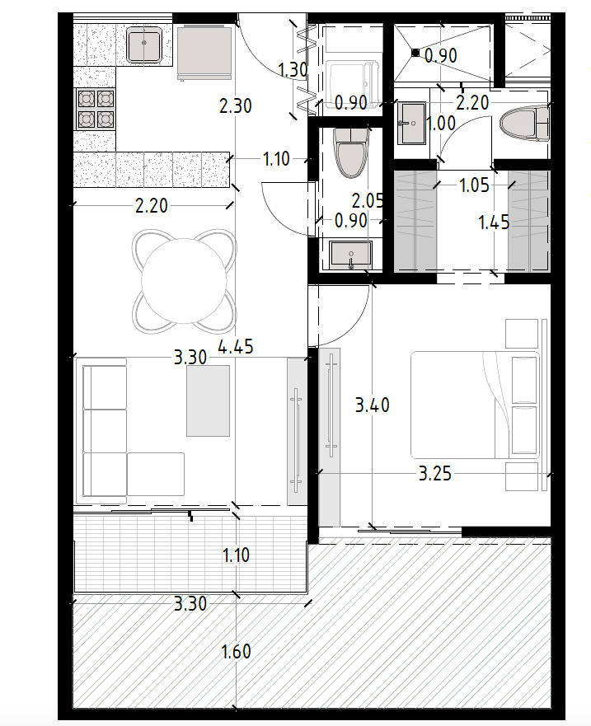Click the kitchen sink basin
[144, 44]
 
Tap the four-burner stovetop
[96, 109]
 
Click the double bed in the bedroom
[476, 405]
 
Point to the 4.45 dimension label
[236, 347]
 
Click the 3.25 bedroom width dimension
[435, 474]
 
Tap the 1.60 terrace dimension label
[237, 652]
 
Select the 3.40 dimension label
[373, 405]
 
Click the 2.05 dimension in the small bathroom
[368, 201]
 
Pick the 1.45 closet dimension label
[494, 222]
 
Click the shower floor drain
[415, 53]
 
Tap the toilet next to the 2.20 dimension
[525, 124]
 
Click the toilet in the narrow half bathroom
[351, 152]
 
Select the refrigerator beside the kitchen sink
[204, 52]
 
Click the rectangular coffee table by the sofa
[208, 400]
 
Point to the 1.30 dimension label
[293, 70]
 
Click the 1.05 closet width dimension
[474, 185]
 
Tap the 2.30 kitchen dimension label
[236, 106]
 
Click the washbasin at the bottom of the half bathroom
[350, 255]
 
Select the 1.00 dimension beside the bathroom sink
[440, 124]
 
